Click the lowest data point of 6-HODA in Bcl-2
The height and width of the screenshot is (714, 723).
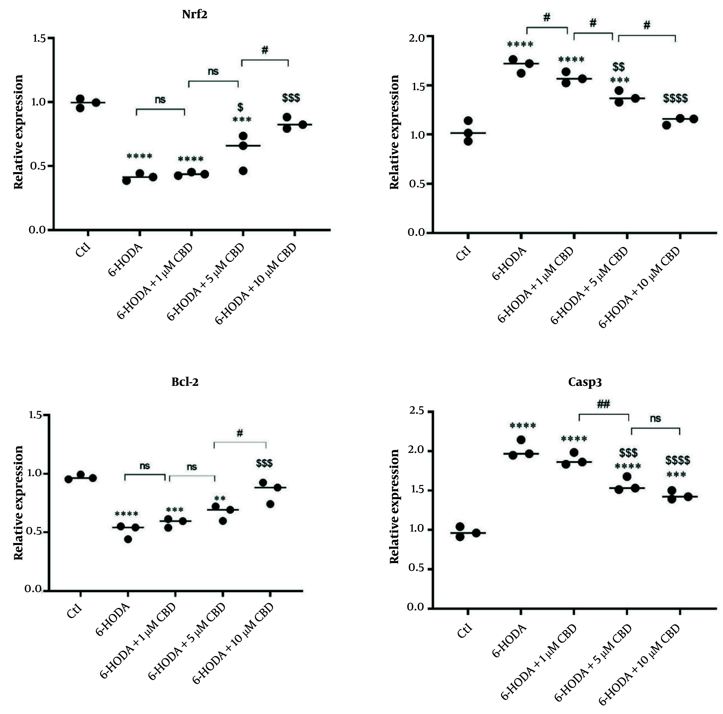tap(128, 539)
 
